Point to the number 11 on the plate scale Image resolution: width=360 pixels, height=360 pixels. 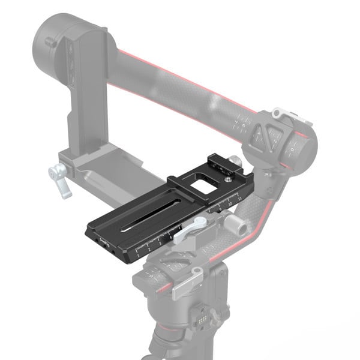(x=240, y=196)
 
